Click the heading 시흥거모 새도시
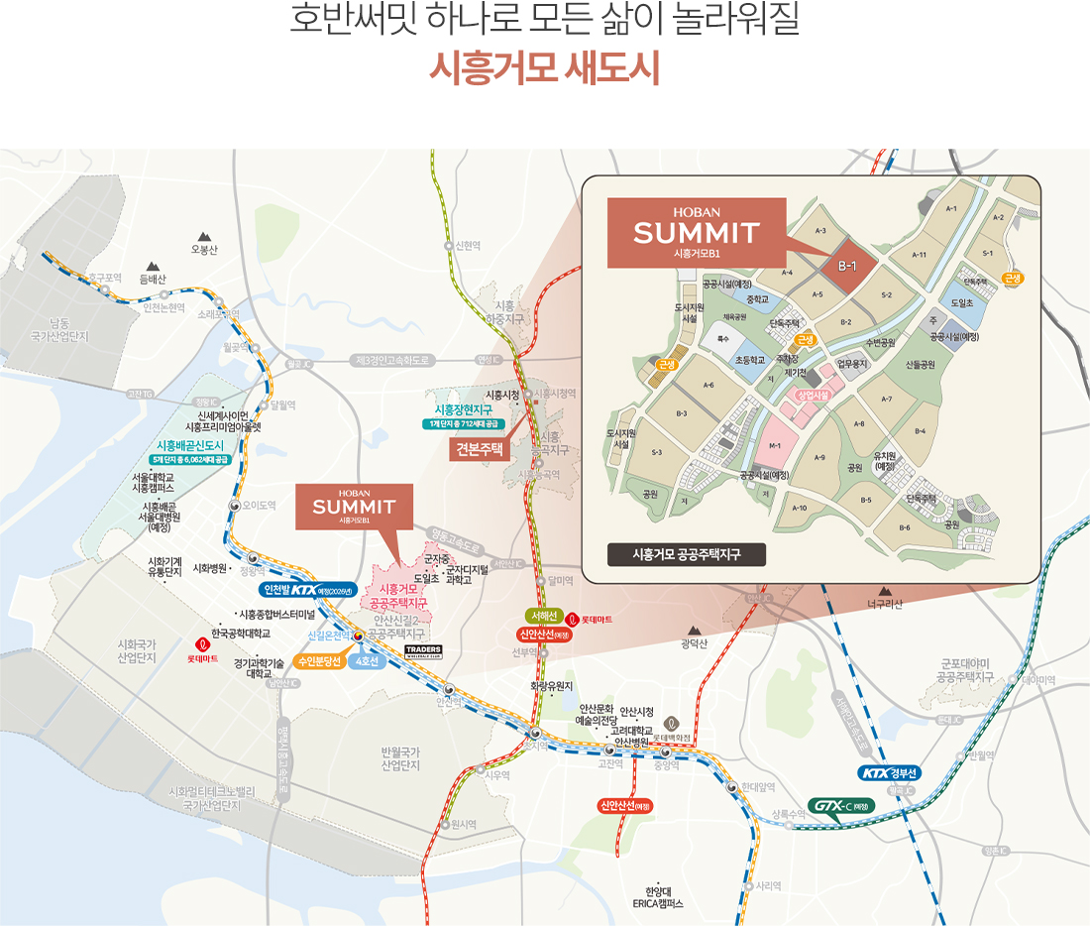pyautogui.click(x=544, y=70)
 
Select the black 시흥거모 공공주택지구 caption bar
pyautogui.click(x=687, y=554)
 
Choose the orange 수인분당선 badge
pyautogui.click(x=319, y=660)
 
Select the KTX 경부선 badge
pyautogui.click(x=890, y=773)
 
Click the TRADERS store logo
pyautogui.click(x=423, y=650)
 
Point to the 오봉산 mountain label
pyautogui.click(x=204, y=249)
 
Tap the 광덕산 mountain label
pyautogui.click(x=696, y=644)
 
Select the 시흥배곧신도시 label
pyautogui.click(x=191, y=445)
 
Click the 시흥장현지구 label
pyautogui.click(x=464, y=409)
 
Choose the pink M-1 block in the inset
pyautogui.click(x=775, y=447)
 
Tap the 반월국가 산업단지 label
pyautogui.click(x=400, y=758)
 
